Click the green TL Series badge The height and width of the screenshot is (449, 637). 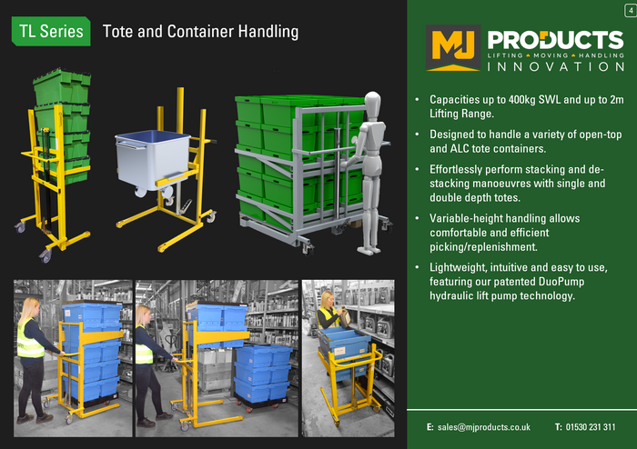click(51, 31)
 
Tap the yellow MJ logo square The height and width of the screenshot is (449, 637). click(453, 48)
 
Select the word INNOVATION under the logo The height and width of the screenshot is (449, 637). click(556, 66)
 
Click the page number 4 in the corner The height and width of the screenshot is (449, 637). click(631, 11)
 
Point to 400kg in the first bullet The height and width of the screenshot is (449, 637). click(522, 99)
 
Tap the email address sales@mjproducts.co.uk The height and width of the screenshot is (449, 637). click(484, 427)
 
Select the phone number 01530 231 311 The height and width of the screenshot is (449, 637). click(591, 427)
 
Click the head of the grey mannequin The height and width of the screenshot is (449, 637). click(372, 104)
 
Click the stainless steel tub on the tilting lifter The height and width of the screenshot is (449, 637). click(153, 160)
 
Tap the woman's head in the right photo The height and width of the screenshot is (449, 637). click(327, 299)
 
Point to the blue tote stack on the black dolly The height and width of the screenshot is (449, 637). click(261, 373)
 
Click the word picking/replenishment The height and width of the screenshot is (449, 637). click(483, 247)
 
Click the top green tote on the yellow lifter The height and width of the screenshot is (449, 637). click(62, 87)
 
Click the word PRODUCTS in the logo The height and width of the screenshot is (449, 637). click(555, 40)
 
